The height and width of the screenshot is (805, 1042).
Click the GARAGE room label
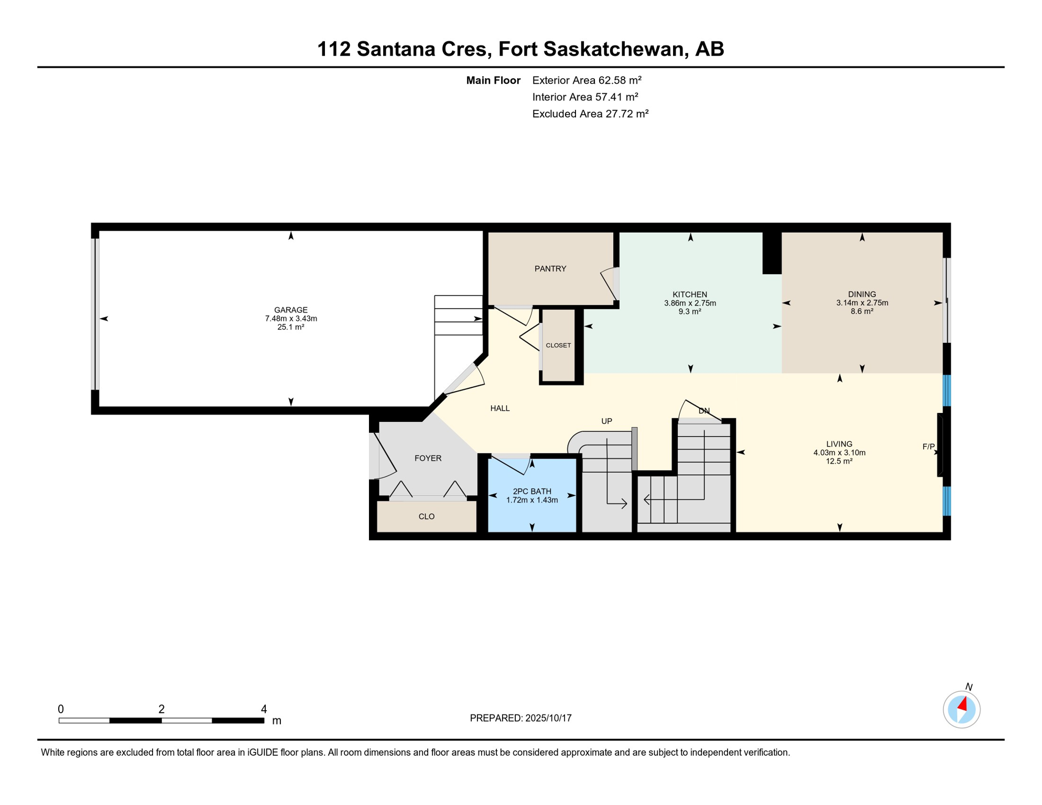(291, 310)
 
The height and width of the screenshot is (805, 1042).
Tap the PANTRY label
(550, 269)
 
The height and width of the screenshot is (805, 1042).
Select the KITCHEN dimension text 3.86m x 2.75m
(690, 303)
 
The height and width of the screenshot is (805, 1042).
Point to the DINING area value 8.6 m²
(862, 311)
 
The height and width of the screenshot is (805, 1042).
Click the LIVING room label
(839, 444)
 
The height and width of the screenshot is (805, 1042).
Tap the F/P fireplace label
(928, 447)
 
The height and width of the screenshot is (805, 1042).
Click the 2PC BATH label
(531, 491)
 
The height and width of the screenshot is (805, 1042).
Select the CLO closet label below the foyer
(426, 516)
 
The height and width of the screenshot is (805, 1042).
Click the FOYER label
(428, 458)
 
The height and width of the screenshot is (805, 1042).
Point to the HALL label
(500, 408)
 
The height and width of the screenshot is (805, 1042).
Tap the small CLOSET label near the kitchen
(558, 345)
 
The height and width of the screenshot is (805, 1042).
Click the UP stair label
(606, 421)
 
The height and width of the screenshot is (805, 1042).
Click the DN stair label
(703, 411)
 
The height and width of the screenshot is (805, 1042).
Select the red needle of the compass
(962, 704)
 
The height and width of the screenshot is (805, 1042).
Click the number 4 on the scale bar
(264, 709)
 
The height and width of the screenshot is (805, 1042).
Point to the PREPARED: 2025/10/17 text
(520, 718)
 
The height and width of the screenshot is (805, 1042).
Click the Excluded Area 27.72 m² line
(590, 114)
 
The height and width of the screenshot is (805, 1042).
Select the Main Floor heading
(493, 80)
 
